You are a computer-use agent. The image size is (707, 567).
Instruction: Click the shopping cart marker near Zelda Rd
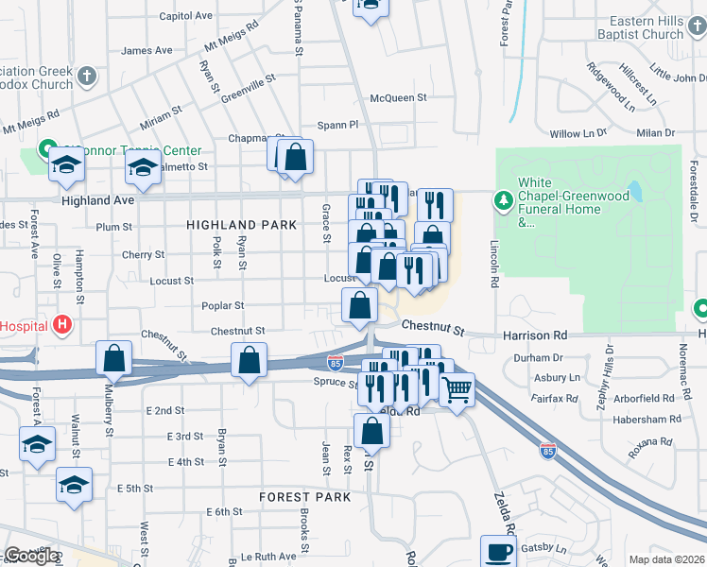457,388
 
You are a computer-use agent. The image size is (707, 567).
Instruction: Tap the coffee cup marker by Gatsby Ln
498,551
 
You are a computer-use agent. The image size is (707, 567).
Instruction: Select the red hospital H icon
62,326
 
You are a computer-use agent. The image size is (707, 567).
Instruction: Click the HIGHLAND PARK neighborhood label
241,225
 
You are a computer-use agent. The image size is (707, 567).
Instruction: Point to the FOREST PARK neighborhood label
306,496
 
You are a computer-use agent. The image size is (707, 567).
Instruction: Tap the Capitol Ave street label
186,16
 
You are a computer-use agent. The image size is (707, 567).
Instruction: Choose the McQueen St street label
398,97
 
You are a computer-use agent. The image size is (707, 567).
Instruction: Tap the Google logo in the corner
31,556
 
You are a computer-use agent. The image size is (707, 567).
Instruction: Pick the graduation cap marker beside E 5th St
74,485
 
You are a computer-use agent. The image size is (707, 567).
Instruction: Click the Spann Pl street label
337,124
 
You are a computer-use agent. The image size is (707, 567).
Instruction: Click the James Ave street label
147,50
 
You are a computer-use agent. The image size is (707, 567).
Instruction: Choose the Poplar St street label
223,305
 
